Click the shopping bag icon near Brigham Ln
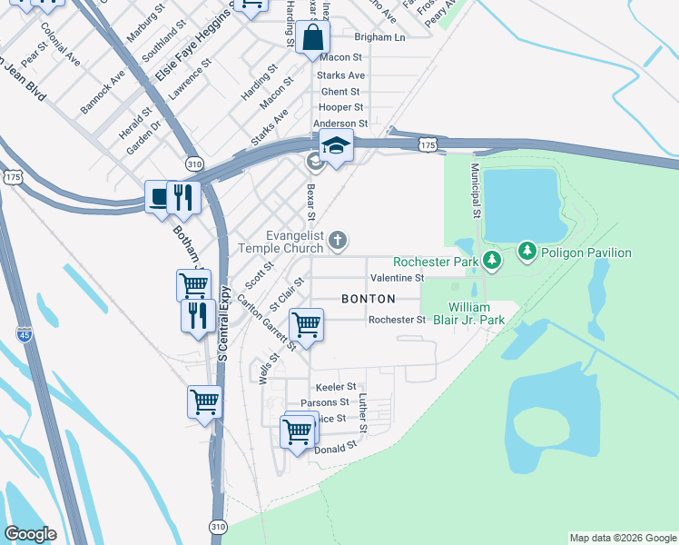[x=312, y=38]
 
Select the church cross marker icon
[x=338, y=241]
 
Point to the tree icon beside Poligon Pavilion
[x=527, y=250]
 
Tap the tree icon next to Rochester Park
[x=492, y=261]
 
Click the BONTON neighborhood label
[x=368, y=299]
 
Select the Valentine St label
[x=397, y=277]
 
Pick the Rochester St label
[x=397, y=320]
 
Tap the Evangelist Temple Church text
[x=281, y=241]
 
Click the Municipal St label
[x=475, y=192]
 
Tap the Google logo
[x=30, y=534]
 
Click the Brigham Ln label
[x=379, y=37]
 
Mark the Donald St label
[x=330, y=449]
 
